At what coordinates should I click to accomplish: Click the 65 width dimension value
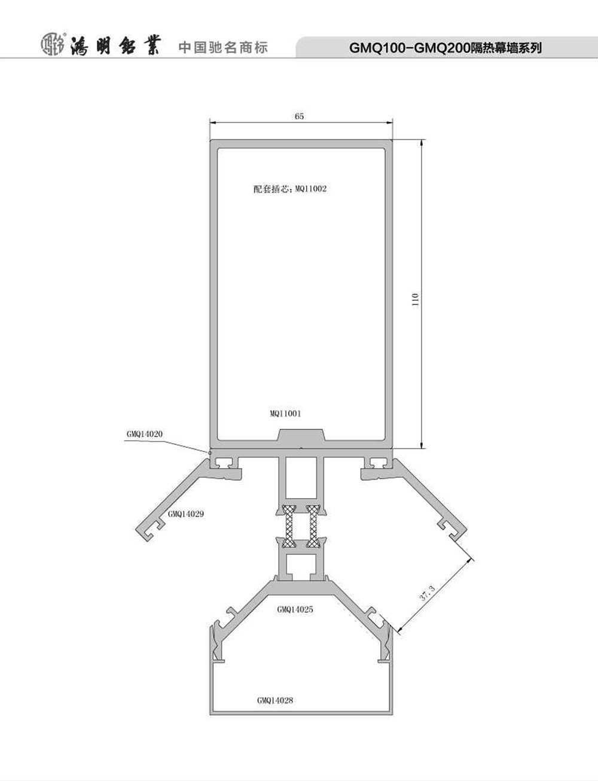click(299, 116)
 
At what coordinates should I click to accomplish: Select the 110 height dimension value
click(416, 300)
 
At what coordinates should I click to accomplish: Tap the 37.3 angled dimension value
click(427, 593)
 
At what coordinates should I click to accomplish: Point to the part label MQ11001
click(285, 413)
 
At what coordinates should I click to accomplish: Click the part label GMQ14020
click(145, 434)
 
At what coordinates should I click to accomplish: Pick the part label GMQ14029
click(186, 514)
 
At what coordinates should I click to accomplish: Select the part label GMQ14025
click(295, 609)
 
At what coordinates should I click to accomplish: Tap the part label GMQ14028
click(275, 700)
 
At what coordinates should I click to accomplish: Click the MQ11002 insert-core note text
click(290, 189)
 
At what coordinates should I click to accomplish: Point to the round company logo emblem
click(53, 44)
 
